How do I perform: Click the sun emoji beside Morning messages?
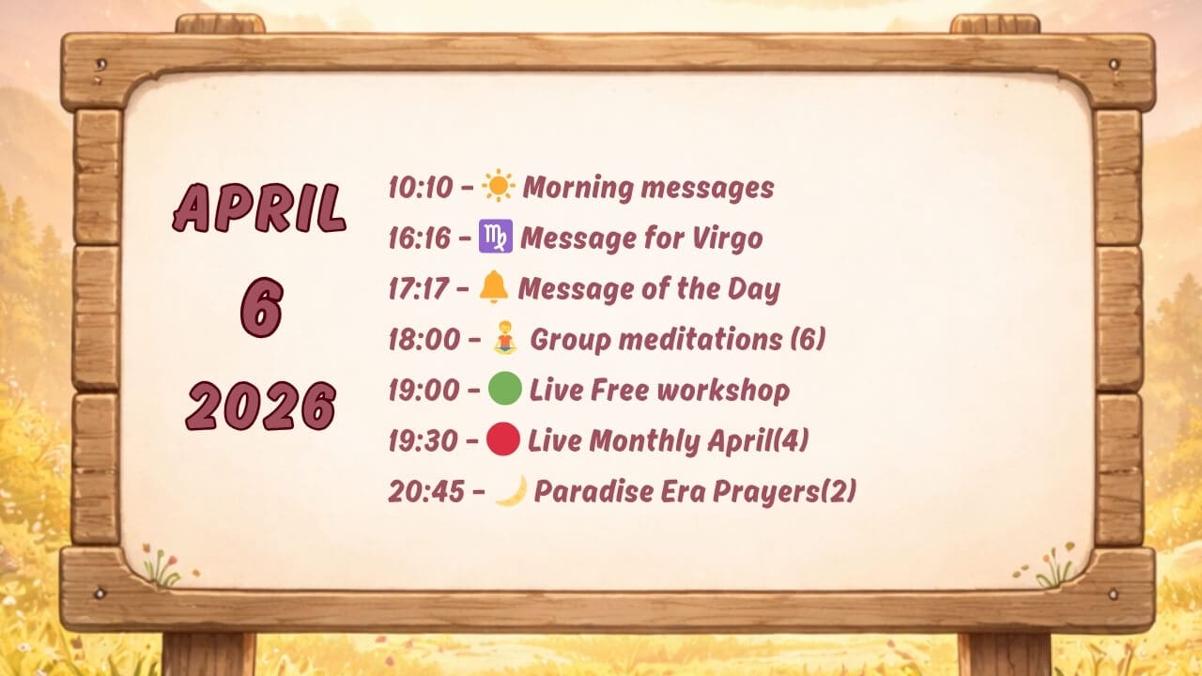click(x=499, y=186)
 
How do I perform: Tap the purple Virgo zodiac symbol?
click(x=495, y=236)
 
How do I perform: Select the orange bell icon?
click(x=493, y=287)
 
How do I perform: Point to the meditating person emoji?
click(x=505, y=338)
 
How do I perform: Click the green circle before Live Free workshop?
click(x=505, y=388)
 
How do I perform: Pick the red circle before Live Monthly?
click(x=502, y=438)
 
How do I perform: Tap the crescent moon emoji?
click(x=512, y=490)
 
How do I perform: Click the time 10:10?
click(x=421, y=188)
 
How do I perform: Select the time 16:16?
click(x=419, y=238)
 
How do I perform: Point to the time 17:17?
click(x=418, y=289)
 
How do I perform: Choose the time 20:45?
click(x=426, y=491)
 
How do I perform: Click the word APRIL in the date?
click(x=260, y=208)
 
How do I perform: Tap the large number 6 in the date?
click(x=261, y=307)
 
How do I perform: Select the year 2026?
click(x=261, y=406)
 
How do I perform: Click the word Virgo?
click(x=727, y=239)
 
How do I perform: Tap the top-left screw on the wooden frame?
click(x=100, y=65)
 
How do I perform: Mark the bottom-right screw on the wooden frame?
click(x=1113, y=594)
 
